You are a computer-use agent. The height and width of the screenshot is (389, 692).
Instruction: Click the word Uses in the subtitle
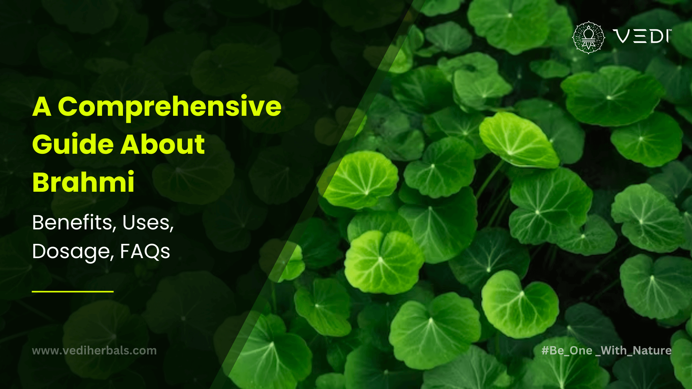(148, 223)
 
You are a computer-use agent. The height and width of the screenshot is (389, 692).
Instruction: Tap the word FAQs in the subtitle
(145, 251)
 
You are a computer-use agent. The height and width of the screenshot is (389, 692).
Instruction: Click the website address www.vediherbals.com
(94, 351)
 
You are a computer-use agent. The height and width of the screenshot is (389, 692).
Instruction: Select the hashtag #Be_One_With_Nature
(607, 350)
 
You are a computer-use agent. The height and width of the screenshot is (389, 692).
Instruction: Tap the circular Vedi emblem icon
(589, 37)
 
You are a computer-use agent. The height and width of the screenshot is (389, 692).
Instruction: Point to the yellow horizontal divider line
(73, 291)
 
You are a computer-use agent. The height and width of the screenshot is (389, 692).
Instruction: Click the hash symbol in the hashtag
(545, 350)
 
